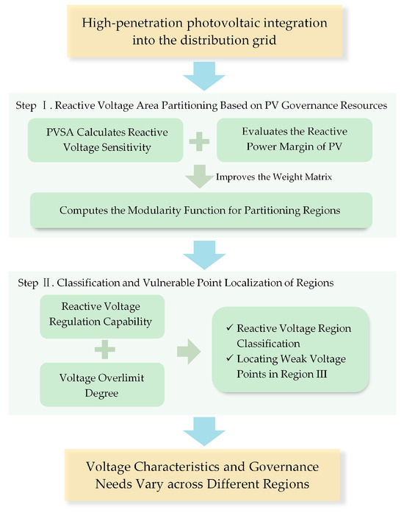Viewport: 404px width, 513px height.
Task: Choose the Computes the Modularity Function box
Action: (204, 210)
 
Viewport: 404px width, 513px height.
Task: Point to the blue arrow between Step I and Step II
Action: (204, 252)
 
